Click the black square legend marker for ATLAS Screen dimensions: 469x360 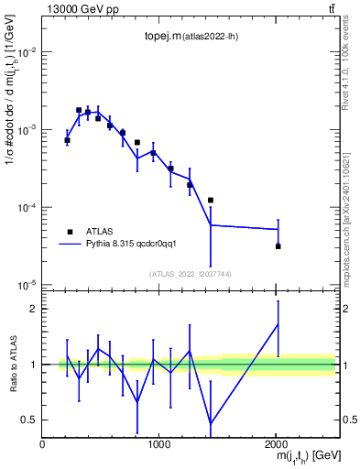click(x=68, y=232)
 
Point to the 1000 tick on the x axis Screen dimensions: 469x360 click(x=158, y=443)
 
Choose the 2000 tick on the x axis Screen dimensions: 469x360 click(x=277, y=443)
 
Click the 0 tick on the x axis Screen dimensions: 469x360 click(x=42, y=443)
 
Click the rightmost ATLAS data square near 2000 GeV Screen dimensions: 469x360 click(x=278, y=245)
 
